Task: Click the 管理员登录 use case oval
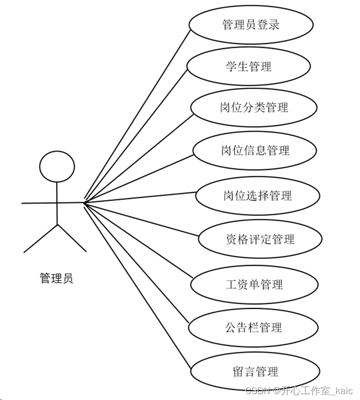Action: tap(251, 24)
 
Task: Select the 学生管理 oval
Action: tap(249, 66)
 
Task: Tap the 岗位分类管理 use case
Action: tap(254, 107)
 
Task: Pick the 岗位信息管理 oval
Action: tap(255, 150)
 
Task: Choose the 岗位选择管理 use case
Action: tap(257, 195)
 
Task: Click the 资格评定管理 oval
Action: tap(260, 240)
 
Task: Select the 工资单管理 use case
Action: tap(253, 284)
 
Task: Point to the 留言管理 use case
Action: tap(254, 371)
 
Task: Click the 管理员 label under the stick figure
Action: tap(56, 278)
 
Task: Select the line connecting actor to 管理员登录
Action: tap(138, 115)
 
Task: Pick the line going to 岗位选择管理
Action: tap(141, 199)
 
